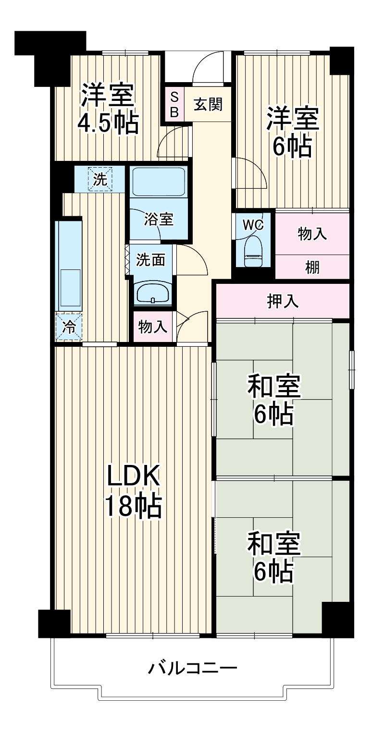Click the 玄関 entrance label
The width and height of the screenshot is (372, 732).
(208, 105)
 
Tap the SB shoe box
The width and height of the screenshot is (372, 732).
(174, 105)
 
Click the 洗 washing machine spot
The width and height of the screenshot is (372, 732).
(100, 179)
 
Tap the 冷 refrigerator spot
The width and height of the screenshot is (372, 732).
(69, 327)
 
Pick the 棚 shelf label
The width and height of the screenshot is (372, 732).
(312, 268)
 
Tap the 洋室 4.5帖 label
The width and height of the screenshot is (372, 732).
(108, 109)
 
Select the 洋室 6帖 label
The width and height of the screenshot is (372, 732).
(292, 133)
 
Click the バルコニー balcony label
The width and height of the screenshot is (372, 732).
(192, 668)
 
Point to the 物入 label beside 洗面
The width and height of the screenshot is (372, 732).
(153, 327)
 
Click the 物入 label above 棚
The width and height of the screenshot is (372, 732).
(312, 234)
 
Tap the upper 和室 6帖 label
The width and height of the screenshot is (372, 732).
(274, 400)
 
